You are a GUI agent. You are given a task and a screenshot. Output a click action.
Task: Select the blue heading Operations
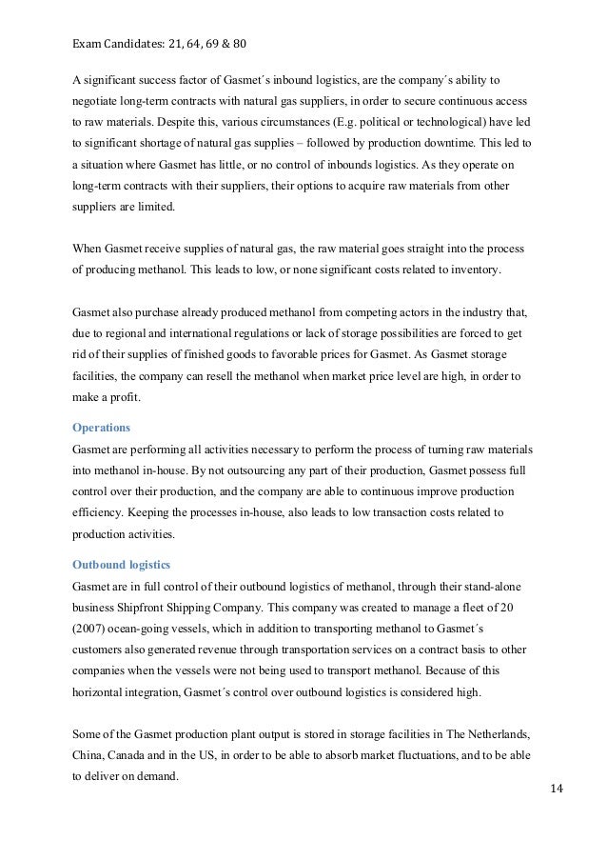coord(102,428)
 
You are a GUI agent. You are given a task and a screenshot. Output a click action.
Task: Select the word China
coord(88,756)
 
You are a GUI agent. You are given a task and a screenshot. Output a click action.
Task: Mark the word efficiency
coord(104,513)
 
